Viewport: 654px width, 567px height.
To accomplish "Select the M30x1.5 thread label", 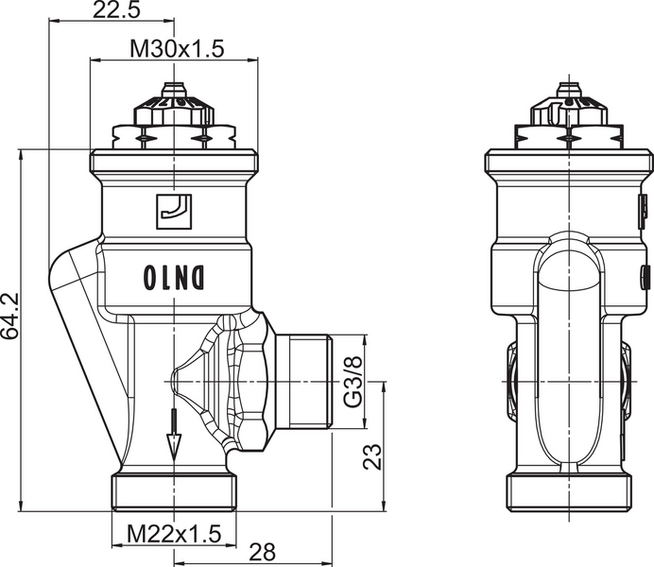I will click(x=176, y=50).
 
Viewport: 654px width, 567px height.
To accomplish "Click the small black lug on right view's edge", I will click(x=645, y=277).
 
